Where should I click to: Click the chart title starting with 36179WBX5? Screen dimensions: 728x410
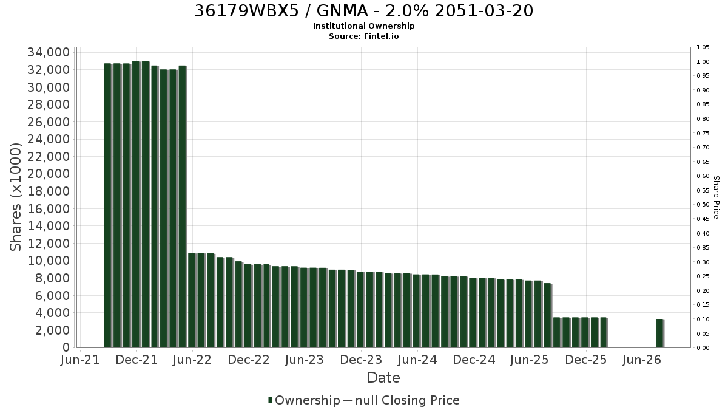click(363, 11)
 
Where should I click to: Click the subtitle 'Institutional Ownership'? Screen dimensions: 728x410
click(363, 26)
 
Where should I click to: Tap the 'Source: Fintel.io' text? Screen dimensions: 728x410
click(363, 36)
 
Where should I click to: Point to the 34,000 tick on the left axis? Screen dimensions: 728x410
click(49, 52)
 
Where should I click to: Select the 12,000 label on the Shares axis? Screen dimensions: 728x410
click(49, 244)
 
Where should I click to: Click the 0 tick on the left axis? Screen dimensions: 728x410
click(66, 347)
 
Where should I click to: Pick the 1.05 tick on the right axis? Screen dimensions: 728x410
click(703, 47)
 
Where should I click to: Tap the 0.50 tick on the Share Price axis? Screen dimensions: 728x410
click(703, 205)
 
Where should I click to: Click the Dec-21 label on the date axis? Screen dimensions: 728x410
click(137, 360)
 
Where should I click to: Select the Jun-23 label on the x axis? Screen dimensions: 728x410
click(305, 360)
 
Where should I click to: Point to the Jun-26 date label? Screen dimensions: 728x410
click(642, 360)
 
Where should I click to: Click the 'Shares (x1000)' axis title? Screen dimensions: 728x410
click(15, 197)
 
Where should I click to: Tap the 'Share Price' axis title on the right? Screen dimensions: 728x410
click(716, 197)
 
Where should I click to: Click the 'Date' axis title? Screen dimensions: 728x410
click(383, 378)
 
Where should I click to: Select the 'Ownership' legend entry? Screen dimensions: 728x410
click(304, 400)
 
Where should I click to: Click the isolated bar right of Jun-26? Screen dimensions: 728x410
click(660, 333)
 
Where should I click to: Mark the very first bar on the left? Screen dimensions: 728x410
click(108, 206)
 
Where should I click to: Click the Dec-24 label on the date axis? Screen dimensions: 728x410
click(474, 360)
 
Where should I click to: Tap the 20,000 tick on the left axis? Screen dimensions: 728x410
click(49, 174)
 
